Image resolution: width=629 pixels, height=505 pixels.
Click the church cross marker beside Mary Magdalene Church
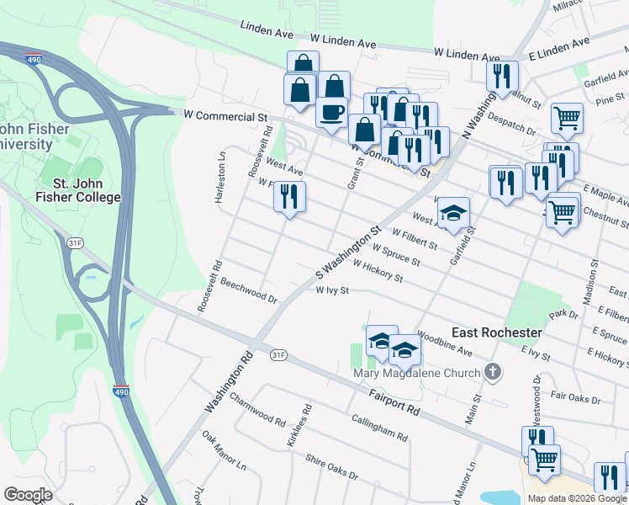(494, 371)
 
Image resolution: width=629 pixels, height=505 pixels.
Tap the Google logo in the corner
(28, 495)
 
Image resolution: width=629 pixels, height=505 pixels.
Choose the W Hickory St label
(378, 271)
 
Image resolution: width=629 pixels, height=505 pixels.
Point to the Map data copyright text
(577, 498)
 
